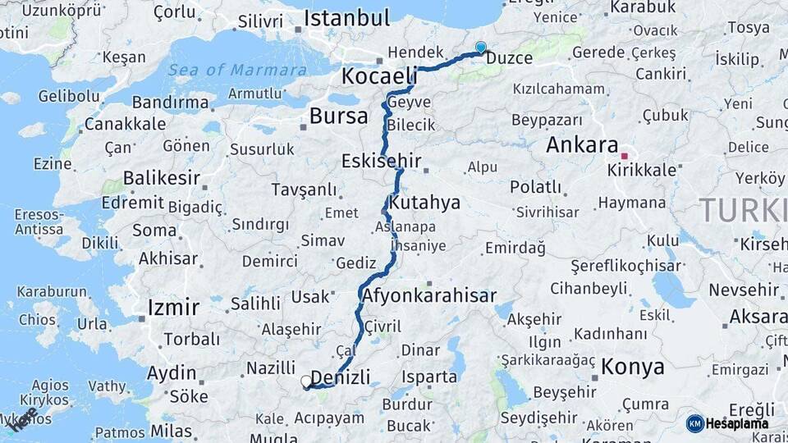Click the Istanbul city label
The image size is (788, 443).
pyautogui.click(x=346, y=18)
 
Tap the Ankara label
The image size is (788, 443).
pyautogui.click(x=582, y=145)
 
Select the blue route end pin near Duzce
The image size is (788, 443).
pyautogui.click(x=480, y=48)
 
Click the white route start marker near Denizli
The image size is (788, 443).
pyautogui.click(x=306, y=381)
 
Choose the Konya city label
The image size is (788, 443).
pyautogui.click(x=632, y=367)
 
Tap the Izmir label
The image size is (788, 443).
pyautogui.click(x=173, y=308)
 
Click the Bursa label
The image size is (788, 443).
pyautogui.click(x=338, y=116)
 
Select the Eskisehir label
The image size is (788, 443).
pyautogui.click(x=382, y=160)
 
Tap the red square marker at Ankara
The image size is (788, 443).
pyautogui.click(x=624, y=155)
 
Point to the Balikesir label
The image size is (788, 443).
pyautogui.click(x=163, y=178)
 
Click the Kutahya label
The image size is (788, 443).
pyautogui.click(x=425, y=203)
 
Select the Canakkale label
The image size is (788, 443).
pyautogui.click(x=125, y=125)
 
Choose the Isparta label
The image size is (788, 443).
pyautogui.click(x=428, y=377)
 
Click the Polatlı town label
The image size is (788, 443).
pyautogui.click(x=535, y=186)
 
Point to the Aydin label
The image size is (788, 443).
pyautogui.click(x=172, y=373)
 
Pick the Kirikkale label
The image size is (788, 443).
pyautogui.click(x=642, y=171)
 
